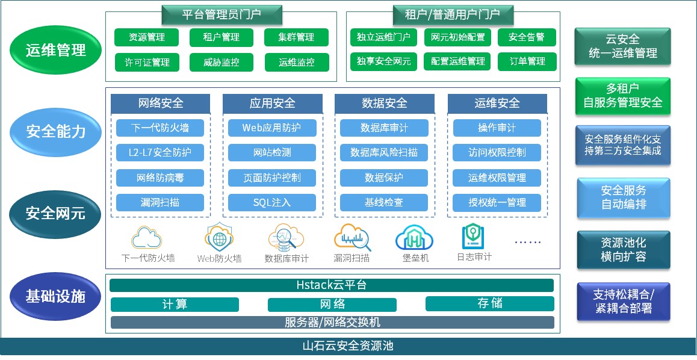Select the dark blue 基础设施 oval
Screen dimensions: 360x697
[x=55, y=296]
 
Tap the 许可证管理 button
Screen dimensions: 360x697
[x=147, y=62]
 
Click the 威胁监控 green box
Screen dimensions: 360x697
[x=221, y=62]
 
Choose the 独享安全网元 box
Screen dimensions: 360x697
[x=383, y=61]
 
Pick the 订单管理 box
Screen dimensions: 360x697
[x=527, y=61]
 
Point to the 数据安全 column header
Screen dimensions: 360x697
[x=384, y=104]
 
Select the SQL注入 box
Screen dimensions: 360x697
[x=271, y=202]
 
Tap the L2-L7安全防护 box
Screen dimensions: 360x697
[x=160, y=153]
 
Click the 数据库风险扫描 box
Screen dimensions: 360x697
[x=384, y=153]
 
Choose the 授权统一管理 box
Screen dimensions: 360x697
[x=497, y=202]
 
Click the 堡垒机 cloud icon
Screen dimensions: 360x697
[x=414, y=238]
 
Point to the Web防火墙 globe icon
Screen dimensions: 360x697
[x=219, y=237]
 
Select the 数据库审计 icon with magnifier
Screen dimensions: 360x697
[x=286, y=237]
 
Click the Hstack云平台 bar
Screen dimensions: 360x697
[x=332, y=285]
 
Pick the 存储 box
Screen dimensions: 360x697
[x=489, y=303]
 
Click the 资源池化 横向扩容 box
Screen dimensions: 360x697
[x=623, y=249]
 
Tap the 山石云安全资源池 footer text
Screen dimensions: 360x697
[x=348, y=347]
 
